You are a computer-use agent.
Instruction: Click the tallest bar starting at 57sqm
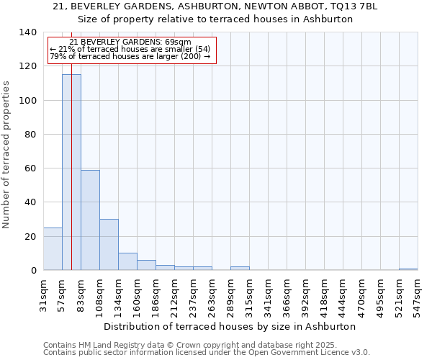click(x=71, y=173)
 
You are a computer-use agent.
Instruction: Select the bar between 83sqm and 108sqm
click(x=90, y=220)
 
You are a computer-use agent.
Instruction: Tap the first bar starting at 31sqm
click(x=53, y=249)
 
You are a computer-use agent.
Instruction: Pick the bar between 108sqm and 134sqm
click(x=109, y=245)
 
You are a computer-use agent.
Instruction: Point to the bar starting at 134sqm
click(x=127, y=262)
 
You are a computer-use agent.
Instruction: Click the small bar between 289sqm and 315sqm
click(x=240, y=269)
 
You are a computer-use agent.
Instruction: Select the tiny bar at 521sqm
click(x=408, y=269)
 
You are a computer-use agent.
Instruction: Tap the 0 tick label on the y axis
click(x=33, y=271)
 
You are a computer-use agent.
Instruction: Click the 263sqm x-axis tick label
click(x=212, y=295)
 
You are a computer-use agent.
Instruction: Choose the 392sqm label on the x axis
click(x=306, y=295)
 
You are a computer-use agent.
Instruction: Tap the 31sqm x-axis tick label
click(x=44, y=295)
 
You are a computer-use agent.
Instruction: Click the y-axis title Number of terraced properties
click(x=7, y=155)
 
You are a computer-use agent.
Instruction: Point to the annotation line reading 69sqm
click(x=131, y=42)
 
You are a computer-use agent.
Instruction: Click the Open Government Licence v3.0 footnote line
click(x=207, y=352)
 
